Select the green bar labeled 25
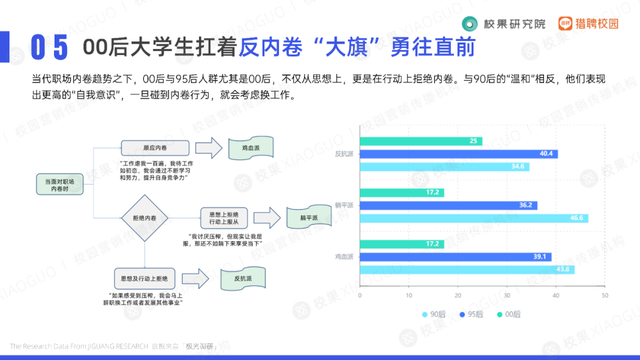pyautogui.click(x=421, y=141)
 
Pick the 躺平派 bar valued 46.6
pyautogui.click(x=474, y=218)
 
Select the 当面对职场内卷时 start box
pyautogui.click(x=57, y=183)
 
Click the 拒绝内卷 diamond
pyautogui.click(x=138, y=217)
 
